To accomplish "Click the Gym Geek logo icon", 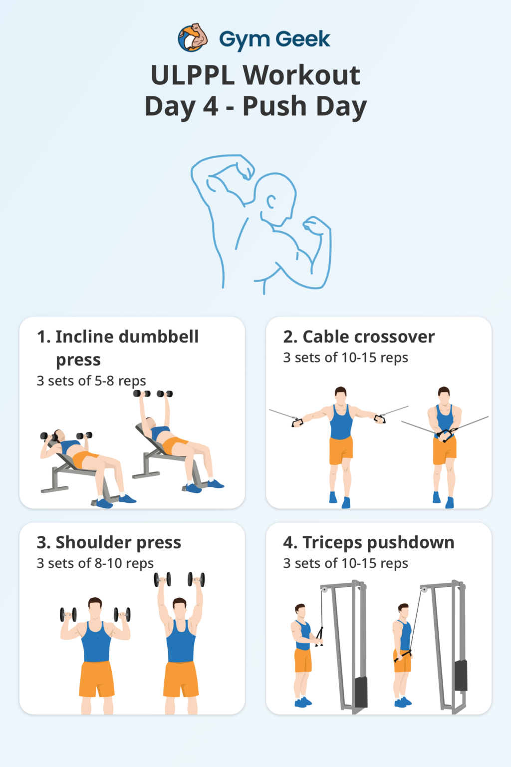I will pos(193,38).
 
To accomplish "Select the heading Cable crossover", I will pos(359,337).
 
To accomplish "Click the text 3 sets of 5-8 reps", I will pos(91,381).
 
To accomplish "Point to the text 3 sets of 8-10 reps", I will pos(95,563).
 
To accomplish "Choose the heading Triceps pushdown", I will pos(368,542).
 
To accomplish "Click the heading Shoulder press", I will pos(109,542).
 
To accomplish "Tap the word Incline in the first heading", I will pos(84,337).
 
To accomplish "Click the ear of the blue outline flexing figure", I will pos(271,202).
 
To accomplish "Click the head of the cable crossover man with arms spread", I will pos(341,395).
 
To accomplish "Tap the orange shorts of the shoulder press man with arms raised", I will pos(181,678).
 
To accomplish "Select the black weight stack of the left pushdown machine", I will pos(361,692).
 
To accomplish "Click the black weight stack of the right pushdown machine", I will pos(461,675).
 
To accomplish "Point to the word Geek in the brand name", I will pos(303,39).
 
